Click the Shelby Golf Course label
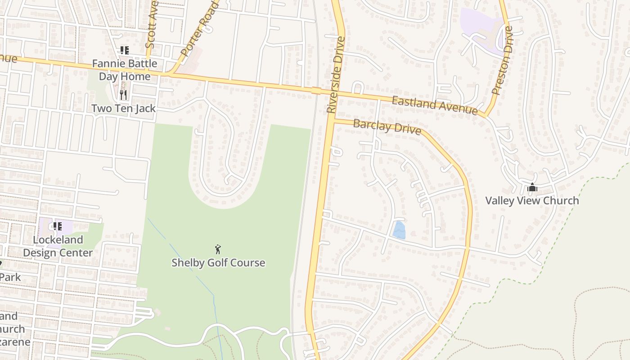tap(218, 263)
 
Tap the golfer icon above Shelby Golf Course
tap(218, 249)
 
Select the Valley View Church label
tap(532, 201)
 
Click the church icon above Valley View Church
tap(532, 187)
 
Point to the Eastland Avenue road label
tap(434, 105)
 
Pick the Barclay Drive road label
tap(387, 127)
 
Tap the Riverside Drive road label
tap(336, 75)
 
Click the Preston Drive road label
tap(503, 60)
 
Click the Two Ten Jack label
tap(123, 108)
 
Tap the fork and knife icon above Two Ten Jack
tap(124, 94)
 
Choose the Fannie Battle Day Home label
tap(125, 70)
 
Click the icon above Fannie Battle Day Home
tap(124, 50)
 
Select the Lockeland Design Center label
tap(58, 246)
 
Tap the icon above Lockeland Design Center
tap(57, 226)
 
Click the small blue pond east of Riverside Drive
tap(399, 230)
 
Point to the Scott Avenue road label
tap(151, 29)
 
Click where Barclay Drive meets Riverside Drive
tap(331, 121)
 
